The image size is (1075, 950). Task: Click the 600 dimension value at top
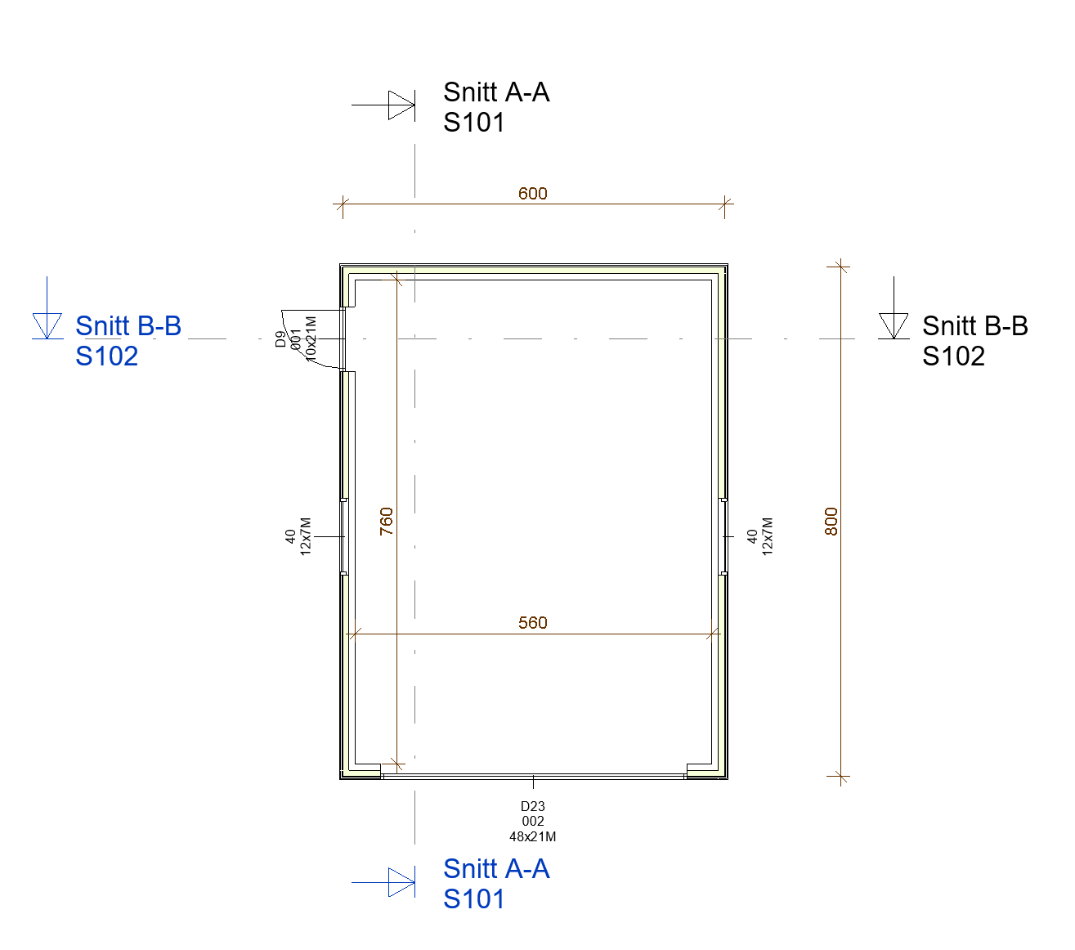pos(532,193)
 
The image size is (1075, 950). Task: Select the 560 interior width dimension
pos(532,622)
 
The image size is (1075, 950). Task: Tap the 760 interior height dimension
pos(387,521)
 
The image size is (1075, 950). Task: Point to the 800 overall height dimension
pos(831,521)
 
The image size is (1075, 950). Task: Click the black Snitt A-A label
pos(496,92)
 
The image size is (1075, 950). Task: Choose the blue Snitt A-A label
pos(496,869)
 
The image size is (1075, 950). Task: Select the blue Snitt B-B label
pos(128,325)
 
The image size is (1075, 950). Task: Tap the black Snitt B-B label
pos(974,325)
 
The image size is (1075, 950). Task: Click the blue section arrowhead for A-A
pos(401,882)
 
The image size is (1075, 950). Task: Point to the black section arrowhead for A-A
pos(401,105)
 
